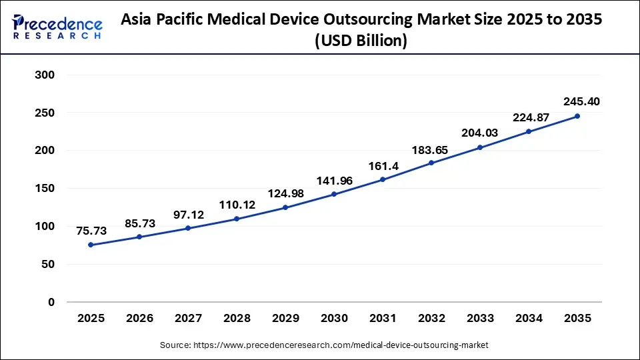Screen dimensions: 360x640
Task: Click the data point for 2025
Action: click(x=91, y=245)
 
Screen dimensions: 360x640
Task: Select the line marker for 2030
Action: click(x=334, y=195)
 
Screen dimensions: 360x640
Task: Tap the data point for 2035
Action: click(x=577, y=116)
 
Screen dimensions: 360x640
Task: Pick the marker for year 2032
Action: click(x=431, y=163)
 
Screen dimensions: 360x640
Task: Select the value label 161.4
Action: click(x=383, y=165)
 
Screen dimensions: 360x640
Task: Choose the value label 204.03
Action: click(x=480, y=133)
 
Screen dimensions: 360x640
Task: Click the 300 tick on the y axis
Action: click(x=44, y=75)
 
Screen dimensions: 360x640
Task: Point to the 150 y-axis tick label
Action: click(x=44, y=189)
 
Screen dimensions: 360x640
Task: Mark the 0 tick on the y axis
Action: click(x=51, y=302)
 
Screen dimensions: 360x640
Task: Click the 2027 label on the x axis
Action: click(x=188, y=319)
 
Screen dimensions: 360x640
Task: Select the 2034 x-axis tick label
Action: click(x=529, y=319)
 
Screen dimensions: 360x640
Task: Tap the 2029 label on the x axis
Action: click(x=285, y=319)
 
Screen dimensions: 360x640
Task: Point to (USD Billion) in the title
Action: click(x=361, y=41)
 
